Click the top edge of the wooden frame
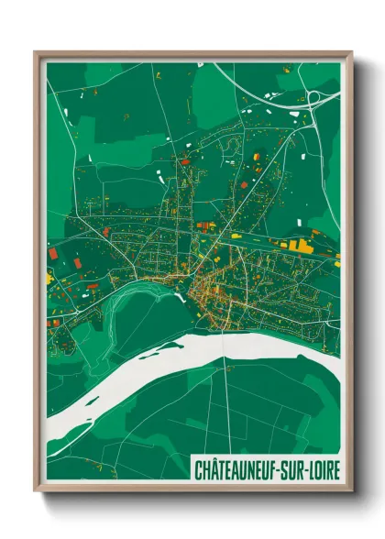pos(192,54)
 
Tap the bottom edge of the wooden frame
pos(192,490)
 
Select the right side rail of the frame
pos(348,275)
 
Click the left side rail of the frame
pos(38,275)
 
